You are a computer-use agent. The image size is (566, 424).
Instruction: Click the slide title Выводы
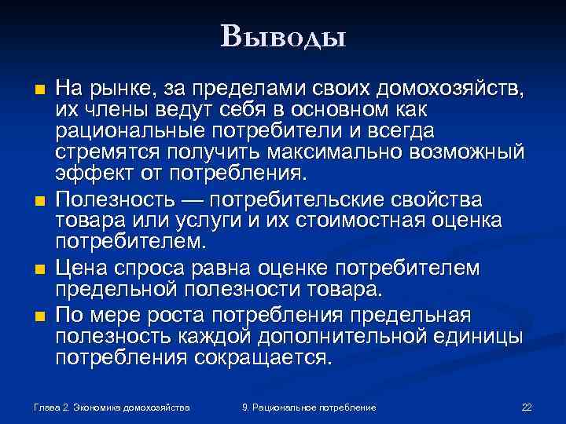283,35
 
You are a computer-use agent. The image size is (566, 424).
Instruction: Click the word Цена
80,269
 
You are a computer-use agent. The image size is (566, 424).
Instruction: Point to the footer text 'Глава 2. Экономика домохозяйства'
112,408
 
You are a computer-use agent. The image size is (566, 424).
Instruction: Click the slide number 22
527,408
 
